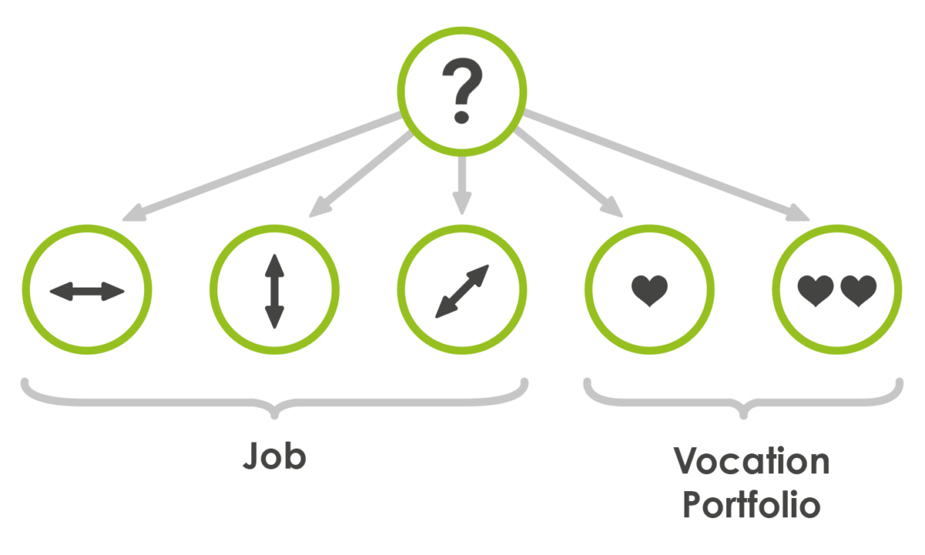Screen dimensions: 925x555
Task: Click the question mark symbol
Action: click(x=462, y=90)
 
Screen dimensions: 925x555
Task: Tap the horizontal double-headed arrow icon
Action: click(x=86, y=291)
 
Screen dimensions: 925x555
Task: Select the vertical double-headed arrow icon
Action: click(x=274, y=291)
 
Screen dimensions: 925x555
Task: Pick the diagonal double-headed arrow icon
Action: click(x=462, y=291)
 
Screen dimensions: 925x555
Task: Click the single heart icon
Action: click(x=650, y=291)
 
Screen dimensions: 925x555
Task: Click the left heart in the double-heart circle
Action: click(x=816, y=291)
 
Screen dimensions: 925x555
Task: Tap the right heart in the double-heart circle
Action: click(x=859, y=291)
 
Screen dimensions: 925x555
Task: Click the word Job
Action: click(x=274, y=456)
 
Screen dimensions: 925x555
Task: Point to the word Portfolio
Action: click(x=752, y=504)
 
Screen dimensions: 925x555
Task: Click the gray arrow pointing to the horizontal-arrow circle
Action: click(x=262, y=166)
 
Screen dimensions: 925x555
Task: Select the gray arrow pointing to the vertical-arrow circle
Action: click(x=361, y=174)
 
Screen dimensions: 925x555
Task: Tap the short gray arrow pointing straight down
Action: click(x=462, y=185)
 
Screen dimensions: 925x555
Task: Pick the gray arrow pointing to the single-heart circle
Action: click(x=568, y=173)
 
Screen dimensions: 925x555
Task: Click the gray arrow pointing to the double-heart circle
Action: click(x=666, y=165)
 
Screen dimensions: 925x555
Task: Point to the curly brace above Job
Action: click(x=274, y=399)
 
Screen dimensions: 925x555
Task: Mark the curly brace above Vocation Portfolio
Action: click(x=743, y=399)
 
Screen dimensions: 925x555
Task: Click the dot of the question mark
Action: click(x=461, y=117)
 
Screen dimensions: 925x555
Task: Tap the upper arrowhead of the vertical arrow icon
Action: click(x=274, y=265)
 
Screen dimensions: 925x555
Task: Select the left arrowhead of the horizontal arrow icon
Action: click(x=61, y=291)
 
